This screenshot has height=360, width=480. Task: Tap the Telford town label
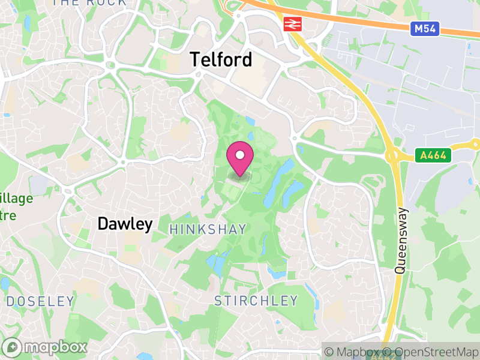point(220,59)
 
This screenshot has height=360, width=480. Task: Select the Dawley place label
point(125,224)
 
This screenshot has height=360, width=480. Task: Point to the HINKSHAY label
point(208,229)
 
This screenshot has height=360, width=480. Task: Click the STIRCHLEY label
point(256,301)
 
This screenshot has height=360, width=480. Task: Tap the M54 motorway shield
point(425,29)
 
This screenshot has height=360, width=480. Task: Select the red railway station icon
point(292,23)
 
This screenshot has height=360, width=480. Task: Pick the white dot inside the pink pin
point(240,155)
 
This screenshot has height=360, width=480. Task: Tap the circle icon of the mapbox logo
point(12,347)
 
